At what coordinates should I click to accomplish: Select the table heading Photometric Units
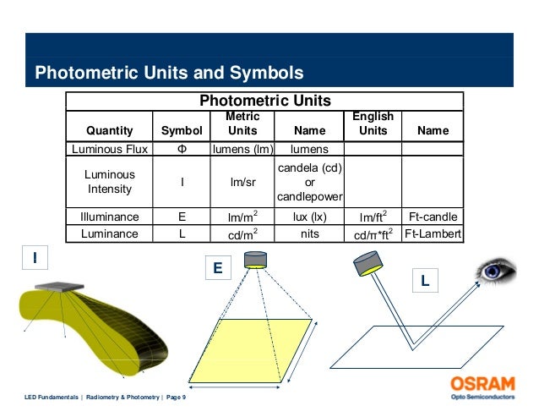pyautogui.click(x=264, y=101)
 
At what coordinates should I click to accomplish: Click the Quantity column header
pyautogui.click(x=110, y=131)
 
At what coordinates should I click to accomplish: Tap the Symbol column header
pyautogui.click(x=182, y=131)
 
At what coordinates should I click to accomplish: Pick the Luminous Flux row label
pyautogui.click(x=110, y=149)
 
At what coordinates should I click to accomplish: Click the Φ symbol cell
pyautogui.click(x=182, y=149)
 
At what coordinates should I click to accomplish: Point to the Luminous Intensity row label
pyautogui.click(x=110, y=180)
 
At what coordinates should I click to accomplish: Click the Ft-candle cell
pyautogui.click(x=433, y=216)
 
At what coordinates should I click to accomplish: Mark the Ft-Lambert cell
pyautogui.click(x=433, y=233)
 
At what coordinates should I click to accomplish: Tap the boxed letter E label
pyautogui.click(x=217, y=268)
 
